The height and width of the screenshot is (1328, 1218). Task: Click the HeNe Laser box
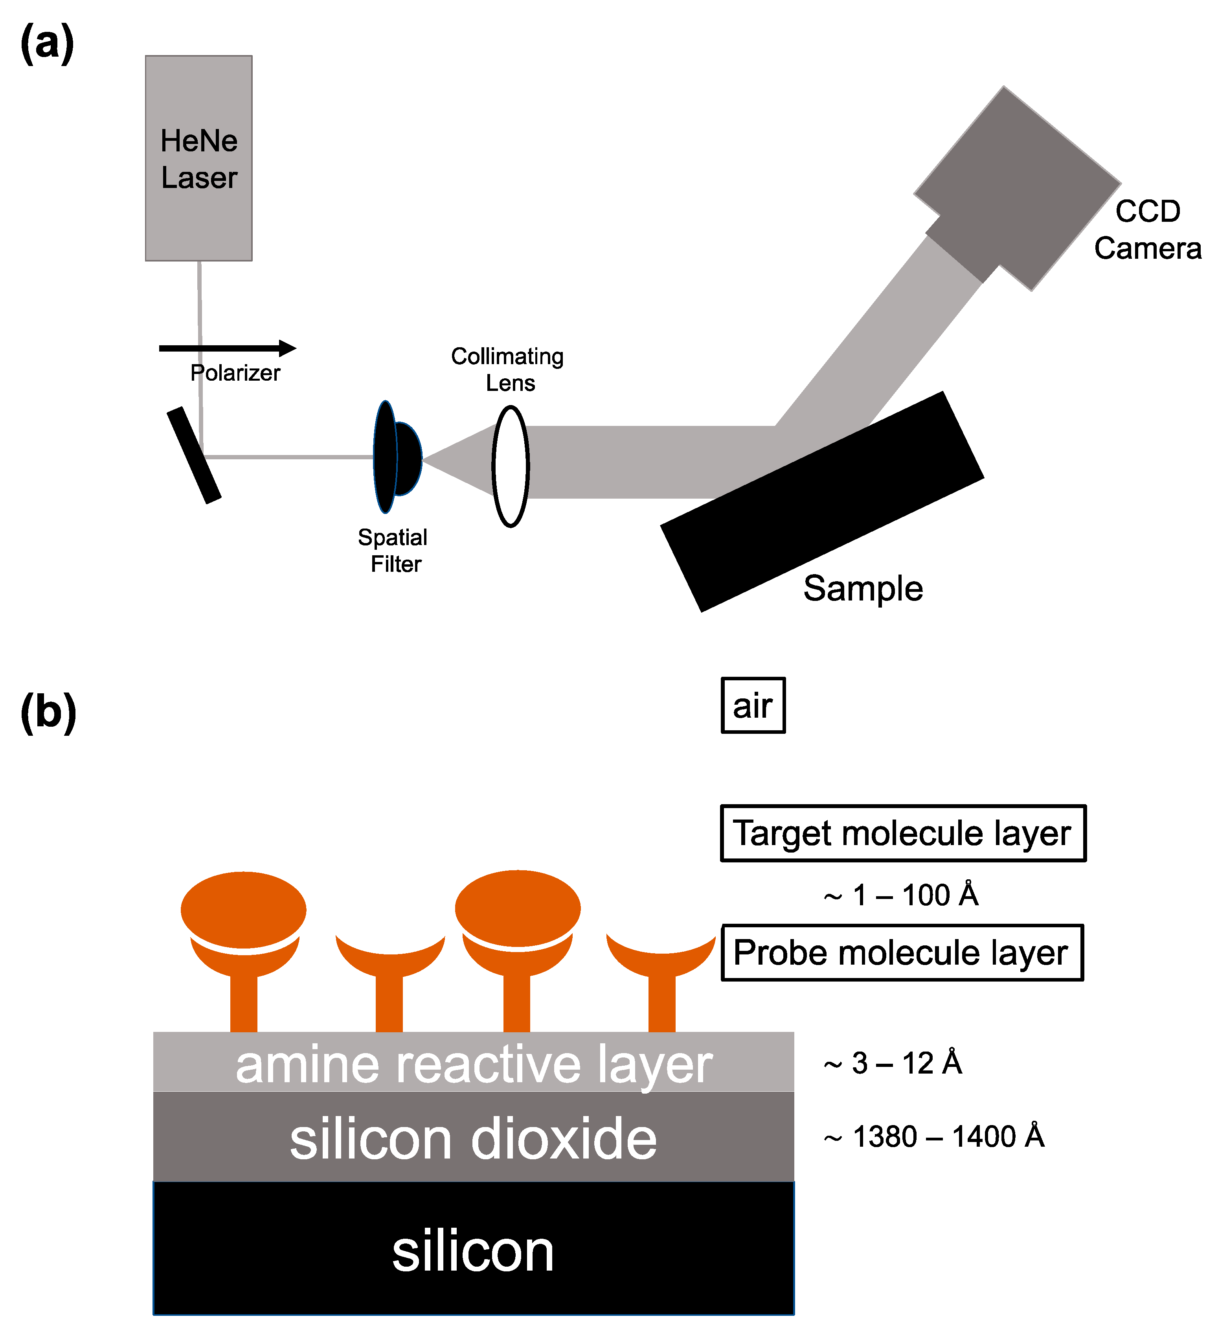point(198,158)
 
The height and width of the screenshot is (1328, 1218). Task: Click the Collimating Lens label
point(507,369)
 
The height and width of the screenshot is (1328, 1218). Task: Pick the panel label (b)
point(48,712)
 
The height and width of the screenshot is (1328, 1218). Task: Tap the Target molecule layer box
point(902,833)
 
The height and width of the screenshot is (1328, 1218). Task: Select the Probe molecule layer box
point(902,953)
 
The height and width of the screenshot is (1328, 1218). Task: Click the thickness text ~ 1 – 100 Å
point(901,895)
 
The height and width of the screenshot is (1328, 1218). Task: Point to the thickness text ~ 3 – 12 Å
point(893,1063)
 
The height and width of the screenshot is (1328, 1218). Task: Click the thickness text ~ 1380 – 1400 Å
point(934,1136)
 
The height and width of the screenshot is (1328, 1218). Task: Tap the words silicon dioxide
point(473,1139)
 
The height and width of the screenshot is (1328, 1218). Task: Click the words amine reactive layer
point(473,1065)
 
